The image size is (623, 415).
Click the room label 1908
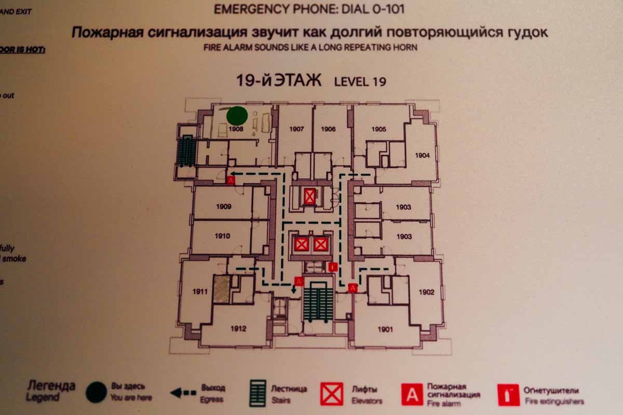coord(236,129)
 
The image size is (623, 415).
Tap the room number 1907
coord(296,129)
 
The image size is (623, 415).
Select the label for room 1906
coord(328,129)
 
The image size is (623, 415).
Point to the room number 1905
coord(379,129)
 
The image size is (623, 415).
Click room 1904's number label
coord(422,155)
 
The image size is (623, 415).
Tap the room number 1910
coord(222,237)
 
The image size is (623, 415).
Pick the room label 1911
coord(199,292)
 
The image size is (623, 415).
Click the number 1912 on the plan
coord(238,328)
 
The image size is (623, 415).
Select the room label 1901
coord(385,329)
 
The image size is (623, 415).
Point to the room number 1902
coord(426,292)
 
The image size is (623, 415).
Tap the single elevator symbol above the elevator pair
coord(310,196)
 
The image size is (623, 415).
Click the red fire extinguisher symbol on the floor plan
coord(333,267)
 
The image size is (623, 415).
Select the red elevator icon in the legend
coord(332,394)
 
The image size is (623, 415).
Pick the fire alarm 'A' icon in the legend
coord(412,394)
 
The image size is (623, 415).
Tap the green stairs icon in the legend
coord(258,394)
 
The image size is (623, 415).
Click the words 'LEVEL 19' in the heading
coord(360,81)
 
